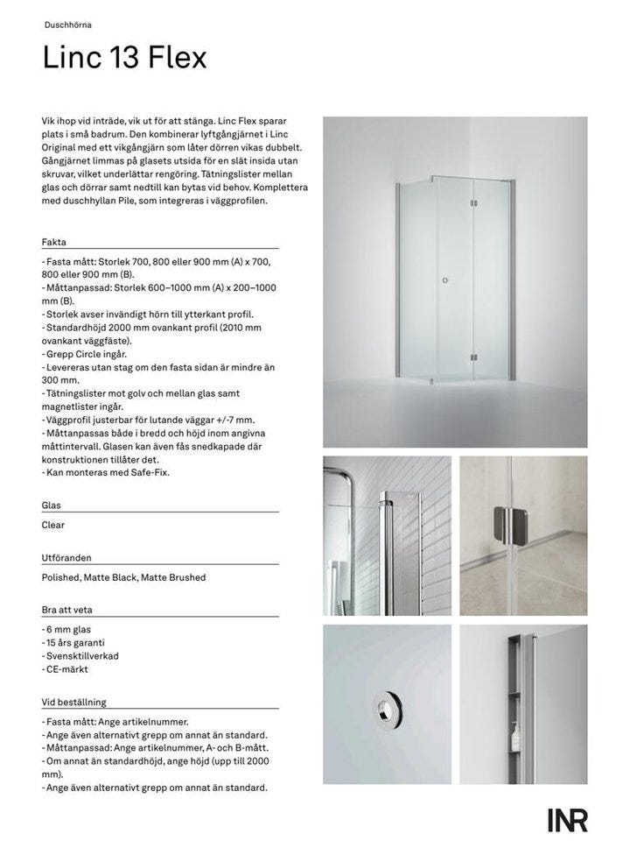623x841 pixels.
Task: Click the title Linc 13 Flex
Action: [124, 58]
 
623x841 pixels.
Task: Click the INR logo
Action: [568, 821]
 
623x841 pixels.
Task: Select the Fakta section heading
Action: [54, 241]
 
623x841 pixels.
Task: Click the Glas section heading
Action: [52, 505]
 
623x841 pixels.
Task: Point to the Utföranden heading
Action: [66, 557]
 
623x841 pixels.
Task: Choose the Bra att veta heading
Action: [67, 609]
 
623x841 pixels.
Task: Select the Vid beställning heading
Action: [73, 701]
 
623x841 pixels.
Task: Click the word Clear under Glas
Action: [53, 526]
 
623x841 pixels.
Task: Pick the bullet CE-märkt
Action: [66, 668]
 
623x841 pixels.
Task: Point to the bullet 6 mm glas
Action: [66, 629]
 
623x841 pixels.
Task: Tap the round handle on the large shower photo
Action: [446, 280]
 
